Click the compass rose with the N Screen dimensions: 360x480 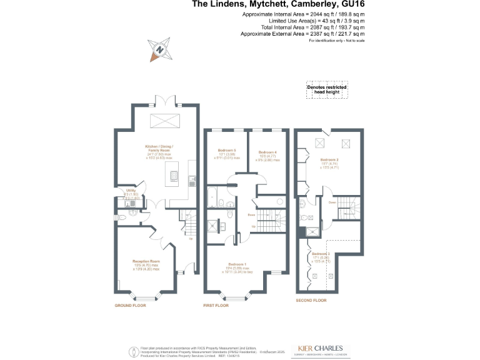click(160, 49)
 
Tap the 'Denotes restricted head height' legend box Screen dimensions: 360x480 click(327, 91)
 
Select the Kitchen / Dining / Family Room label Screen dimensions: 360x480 click(156, 149)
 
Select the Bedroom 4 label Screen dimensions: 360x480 click(267, 156)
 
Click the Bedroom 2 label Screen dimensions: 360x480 click(329, 163)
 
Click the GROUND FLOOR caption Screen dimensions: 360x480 click(130, 306)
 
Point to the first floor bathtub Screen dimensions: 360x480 click(212, 199)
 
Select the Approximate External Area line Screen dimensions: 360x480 click(302, 34)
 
